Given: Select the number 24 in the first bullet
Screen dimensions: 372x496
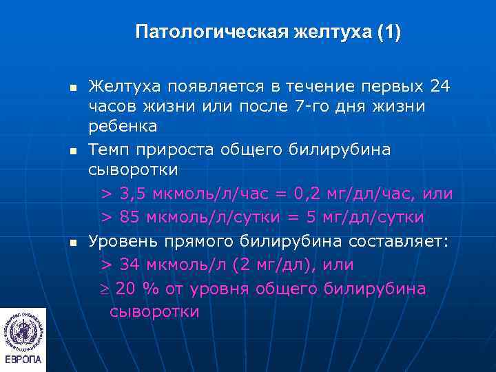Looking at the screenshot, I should tap(440, 87).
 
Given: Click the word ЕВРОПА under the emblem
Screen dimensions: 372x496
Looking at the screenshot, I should tap(23, 360).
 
